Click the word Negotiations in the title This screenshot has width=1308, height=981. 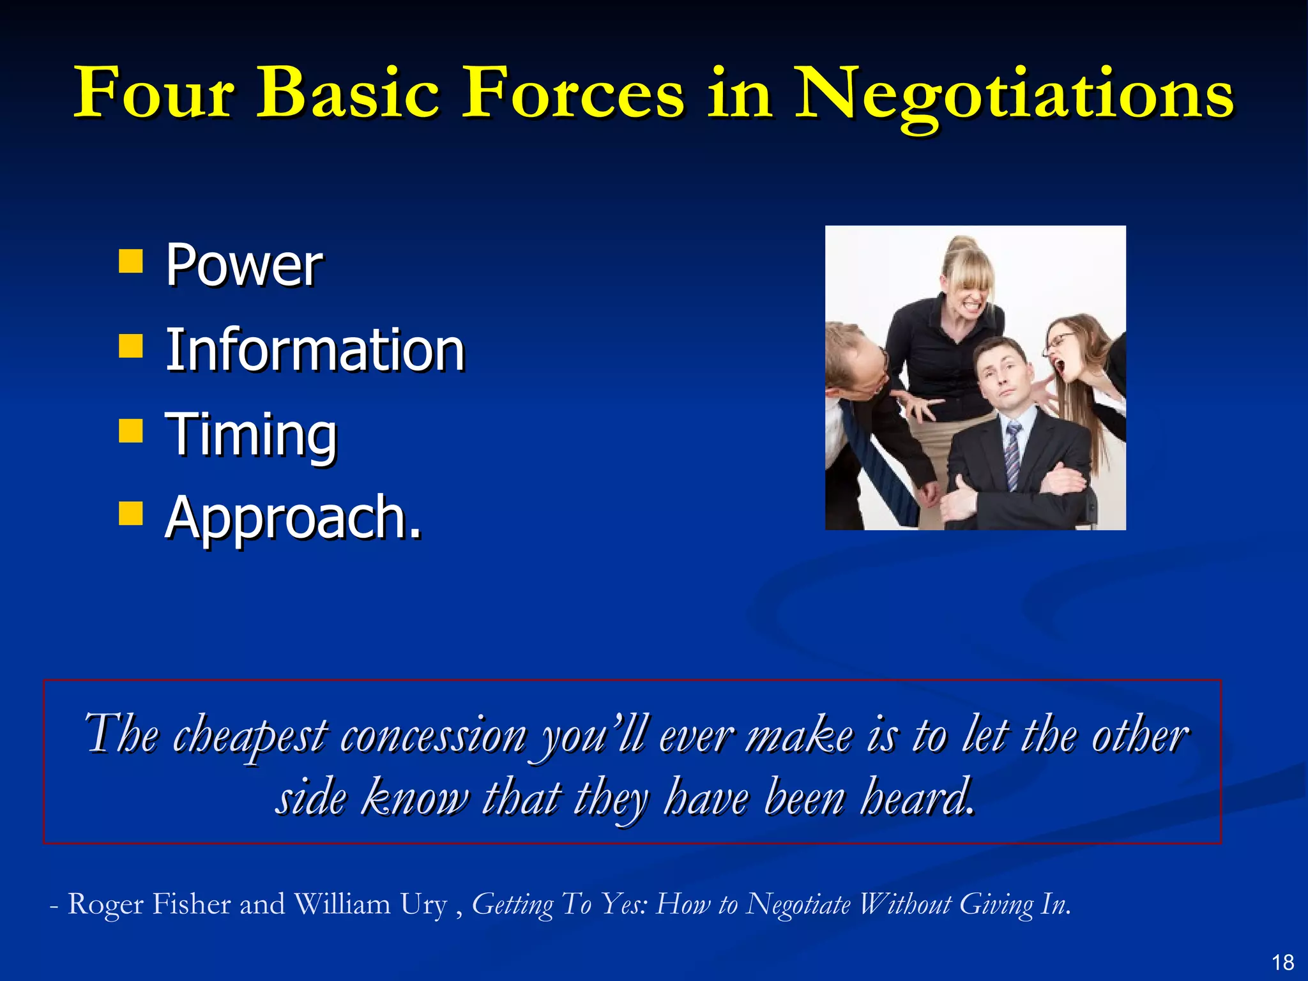tap(1014, 95)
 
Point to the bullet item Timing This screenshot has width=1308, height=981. tap(251, 435)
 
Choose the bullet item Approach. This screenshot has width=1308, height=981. tap(293, 518)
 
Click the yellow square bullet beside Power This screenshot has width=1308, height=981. tap(131, 261)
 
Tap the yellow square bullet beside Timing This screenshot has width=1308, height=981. tap(131, 430)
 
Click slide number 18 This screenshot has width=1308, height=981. tap(1282, 962)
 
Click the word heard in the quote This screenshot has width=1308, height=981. tap(917, 798)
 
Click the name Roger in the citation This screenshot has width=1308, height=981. tap(105, 904)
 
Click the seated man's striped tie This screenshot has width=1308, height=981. tap(1013, 457)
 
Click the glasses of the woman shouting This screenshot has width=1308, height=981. tap(1060, 341)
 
